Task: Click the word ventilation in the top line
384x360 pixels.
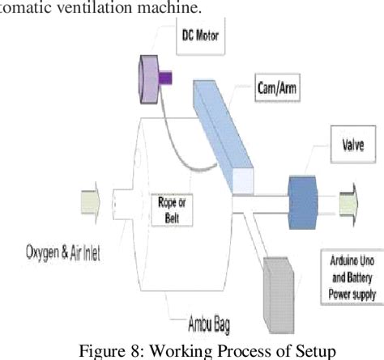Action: pyautogui.click(x=92, y=8)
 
